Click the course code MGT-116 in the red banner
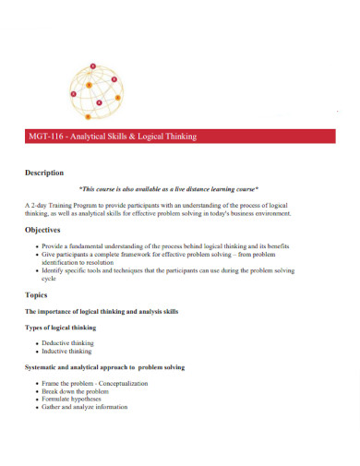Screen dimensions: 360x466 [48, 137]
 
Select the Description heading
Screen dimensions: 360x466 [44, 173]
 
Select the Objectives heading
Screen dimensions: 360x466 [43, 230]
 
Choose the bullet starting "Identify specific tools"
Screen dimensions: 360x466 [167, 271]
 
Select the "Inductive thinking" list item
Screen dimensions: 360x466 [66, 352]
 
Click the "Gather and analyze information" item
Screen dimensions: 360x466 [86, 407]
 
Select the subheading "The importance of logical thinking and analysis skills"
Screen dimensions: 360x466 [102, 312]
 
